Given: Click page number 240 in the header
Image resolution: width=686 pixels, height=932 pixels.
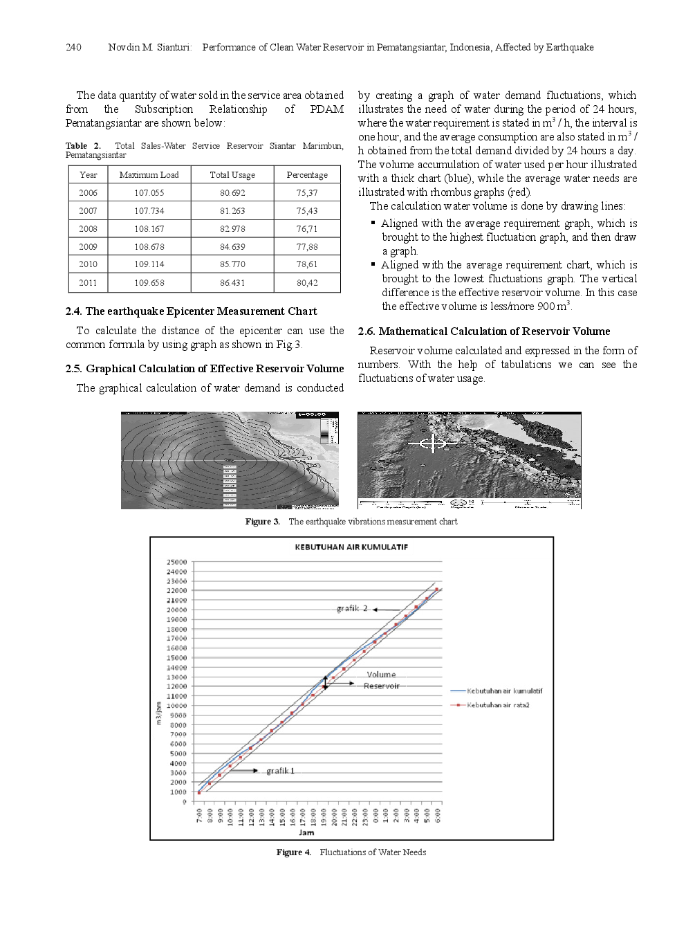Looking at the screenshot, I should coord(73,47).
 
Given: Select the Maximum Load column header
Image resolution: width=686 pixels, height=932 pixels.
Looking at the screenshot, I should coord(149,175).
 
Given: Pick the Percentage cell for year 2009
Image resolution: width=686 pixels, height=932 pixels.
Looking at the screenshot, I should coord(307,246).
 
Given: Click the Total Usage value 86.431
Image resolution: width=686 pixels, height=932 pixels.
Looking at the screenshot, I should coord(232,282).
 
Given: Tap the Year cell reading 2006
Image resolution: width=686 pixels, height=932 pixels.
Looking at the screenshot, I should coord(88,193).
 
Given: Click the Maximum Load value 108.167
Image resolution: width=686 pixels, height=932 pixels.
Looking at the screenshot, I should coord(149,229).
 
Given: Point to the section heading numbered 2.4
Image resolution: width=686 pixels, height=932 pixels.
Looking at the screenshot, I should coord(191,311).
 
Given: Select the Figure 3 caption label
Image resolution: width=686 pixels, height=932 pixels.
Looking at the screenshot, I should coord(262,522).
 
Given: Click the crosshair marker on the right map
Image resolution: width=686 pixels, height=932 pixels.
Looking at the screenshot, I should coord(433,442).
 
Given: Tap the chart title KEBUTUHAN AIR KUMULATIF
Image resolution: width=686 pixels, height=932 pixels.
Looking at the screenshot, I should coord(351,547).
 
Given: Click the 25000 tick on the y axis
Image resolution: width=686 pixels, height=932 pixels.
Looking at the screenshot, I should coord(176,563).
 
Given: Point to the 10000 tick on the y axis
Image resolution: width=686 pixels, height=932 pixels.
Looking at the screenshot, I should coord(176,706).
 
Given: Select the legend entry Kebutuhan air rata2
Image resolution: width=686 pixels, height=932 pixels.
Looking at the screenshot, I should coord(497,705).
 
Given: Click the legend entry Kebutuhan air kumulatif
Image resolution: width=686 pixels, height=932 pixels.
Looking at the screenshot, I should coord(504,691).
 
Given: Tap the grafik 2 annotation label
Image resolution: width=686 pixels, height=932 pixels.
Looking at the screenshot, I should coord(352,609).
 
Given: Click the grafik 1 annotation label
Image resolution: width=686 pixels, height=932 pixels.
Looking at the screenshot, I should coord(280,771).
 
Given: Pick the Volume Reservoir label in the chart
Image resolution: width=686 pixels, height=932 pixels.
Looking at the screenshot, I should coord(381,680).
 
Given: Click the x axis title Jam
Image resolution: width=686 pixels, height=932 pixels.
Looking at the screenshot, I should coord(306,832).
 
